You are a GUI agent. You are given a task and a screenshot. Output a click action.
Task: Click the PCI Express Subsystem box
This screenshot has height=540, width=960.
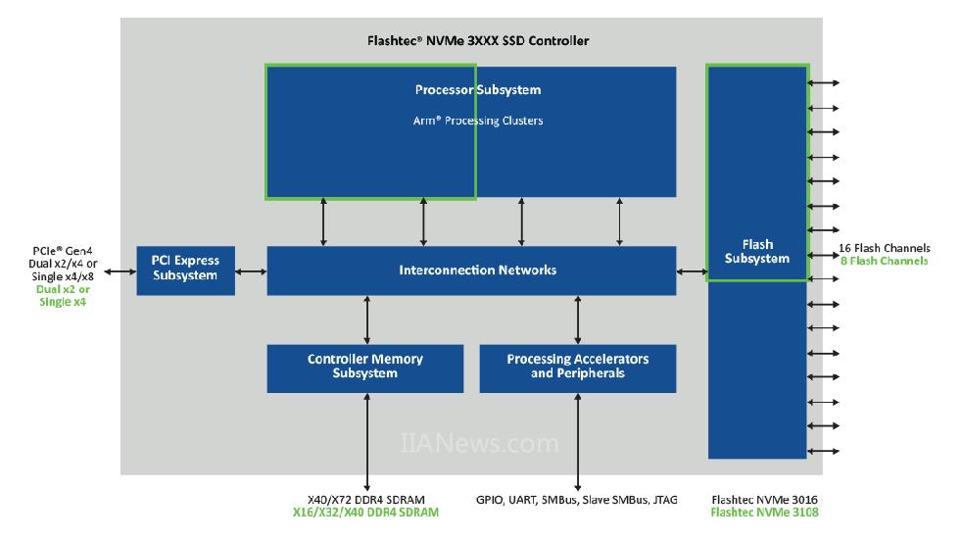(185, 270)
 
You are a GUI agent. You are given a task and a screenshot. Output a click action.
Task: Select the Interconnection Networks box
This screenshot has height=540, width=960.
(471, 270)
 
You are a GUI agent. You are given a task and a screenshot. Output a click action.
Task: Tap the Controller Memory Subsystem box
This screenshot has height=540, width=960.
(364, 368)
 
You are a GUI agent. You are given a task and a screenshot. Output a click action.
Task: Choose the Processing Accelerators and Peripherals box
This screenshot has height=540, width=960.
(577, 368)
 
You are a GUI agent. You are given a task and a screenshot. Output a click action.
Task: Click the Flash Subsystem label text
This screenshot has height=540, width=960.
(757, 252)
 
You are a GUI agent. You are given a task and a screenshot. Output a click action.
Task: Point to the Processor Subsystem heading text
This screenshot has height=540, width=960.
(478, 90)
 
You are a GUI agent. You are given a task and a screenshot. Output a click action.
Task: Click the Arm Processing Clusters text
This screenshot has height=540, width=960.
(478, 121)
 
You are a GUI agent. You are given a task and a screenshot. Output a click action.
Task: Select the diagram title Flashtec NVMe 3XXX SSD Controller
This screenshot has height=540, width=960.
(478, 41)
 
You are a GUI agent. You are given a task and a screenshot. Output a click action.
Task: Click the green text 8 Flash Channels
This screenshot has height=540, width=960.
(884, 261)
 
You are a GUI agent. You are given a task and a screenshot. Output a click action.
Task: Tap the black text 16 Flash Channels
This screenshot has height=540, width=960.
(884, 248)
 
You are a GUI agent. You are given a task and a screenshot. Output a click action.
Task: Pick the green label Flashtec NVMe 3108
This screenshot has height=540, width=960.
(765, 513)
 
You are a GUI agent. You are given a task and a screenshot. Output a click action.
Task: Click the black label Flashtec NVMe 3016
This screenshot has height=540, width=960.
(765, 500)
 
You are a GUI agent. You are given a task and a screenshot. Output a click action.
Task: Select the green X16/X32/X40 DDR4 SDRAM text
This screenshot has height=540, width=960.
(365, 513)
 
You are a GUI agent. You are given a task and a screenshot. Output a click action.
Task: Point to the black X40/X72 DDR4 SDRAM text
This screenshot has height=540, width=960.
(366, 500)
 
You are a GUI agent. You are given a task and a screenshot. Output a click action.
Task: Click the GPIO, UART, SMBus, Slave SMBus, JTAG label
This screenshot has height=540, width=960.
(577, 500)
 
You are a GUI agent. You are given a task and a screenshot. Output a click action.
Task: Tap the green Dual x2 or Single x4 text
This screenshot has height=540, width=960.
(63, 296)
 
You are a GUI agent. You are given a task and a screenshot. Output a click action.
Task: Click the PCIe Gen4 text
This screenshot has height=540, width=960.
(63, 251)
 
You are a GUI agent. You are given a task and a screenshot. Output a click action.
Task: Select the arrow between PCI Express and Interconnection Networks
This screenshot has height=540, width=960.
(251, 271)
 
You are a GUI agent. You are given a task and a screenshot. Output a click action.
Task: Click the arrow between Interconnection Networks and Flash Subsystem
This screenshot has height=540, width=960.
(693, 271)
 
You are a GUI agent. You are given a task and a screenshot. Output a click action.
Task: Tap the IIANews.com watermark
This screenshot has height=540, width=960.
(479, 443)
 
